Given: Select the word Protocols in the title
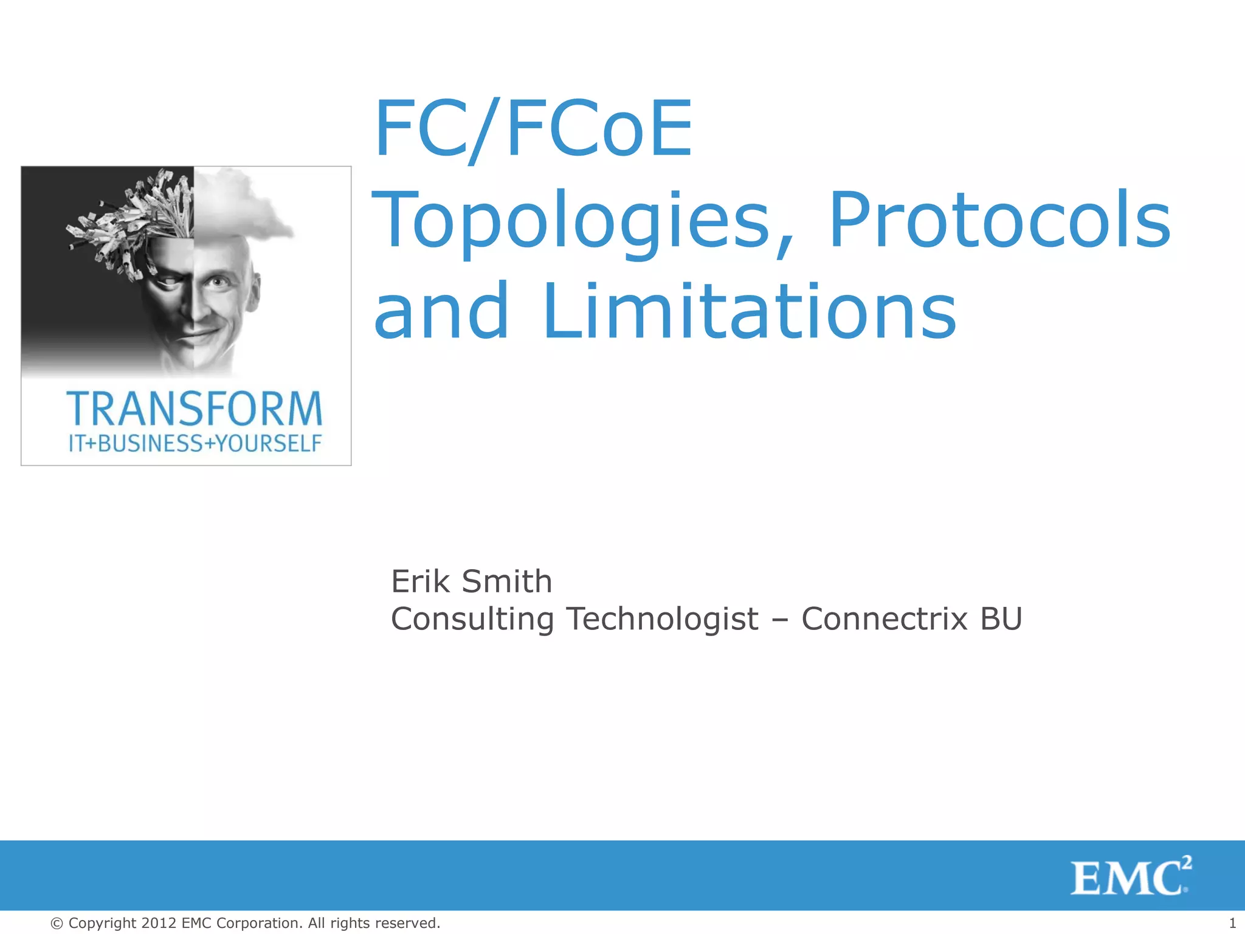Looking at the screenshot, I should pyautogui.click(x=999, y=220).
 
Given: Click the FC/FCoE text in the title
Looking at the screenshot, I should pyautogui.click(x=533, y=129).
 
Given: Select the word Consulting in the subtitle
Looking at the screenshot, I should pyautogui.click(x=472, y=620).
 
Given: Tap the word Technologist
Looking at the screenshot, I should pyautogui.click(x=663, y=620).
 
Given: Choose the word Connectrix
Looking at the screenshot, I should pyautogui.click(x=885, y=619).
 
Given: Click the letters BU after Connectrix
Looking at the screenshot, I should pyautogui.click(x=1001, y=619).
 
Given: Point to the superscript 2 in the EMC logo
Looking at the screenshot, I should pyautogui.click(x=1187, y=862).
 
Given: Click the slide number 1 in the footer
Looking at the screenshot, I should pyautogui.click(x=1232, y=923).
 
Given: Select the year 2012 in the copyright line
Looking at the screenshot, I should pyautogui.click(x=159, y=923).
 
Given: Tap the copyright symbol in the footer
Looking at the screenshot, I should pyautogui.click(x=57, y=924).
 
